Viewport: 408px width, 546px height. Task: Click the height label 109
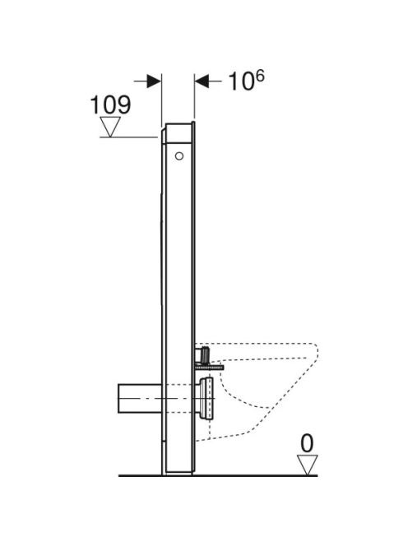(110, 104)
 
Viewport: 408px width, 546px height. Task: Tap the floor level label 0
(307, 444)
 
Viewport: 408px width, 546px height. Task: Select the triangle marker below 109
(110, 127)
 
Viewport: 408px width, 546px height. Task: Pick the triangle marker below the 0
(307, 465)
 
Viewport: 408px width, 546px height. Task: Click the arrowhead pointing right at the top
(154, 81)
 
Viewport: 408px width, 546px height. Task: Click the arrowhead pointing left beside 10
(202, 81)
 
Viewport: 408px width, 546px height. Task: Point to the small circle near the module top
(179, 156)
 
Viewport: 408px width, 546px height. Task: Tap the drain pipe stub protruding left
(140, 398)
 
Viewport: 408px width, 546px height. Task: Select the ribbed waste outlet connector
(206, 398)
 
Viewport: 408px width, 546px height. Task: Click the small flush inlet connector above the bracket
(203, 355)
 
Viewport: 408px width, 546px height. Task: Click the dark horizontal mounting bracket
(209, 367)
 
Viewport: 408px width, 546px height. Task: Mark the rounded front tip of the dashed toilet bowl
(317, 353)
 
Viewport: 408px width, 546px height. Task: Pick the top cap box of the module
(178, 133)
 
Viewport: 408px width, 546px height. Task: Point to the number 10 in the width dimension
(240, 82)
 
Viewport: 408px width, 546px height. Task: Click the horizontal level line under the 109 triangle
(128, 137)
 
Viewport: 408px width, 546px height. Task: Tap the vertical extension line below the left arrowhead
(162, 100)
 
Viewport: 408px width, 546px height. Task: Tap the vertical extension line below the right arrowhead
(194, 96)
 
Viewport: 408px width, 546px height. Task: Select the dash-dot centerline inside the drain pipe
(167, 398)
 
